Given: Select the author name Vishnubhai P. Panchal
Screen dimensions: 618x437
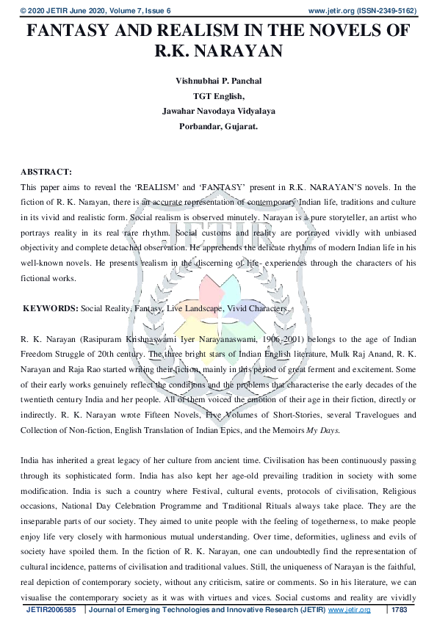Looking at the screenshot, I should pyautogui.click(x=218, y=80).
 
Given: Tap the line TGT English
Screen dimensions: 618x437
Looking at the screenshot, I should pyautogui.click(x=218, y=95).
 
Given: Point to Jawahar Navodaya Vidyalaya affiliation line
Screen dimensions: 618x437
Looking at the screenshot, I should pyautogui.click(x=218, y=111).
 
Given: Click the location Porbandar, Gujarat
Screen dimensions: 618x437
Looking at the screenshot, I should pyautogui.click(x=218, y=126).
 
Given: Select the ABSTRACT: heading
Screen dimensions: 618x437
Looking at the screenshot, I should pyautogui.click(x=46, y=172).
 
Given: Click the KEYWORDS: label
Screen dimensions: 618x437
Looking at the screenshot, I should pyautogui.click(x=50, y=309).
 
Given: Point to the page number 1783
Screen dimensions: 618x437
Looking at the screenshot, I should pyautogui.click(x=400, y=610).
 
